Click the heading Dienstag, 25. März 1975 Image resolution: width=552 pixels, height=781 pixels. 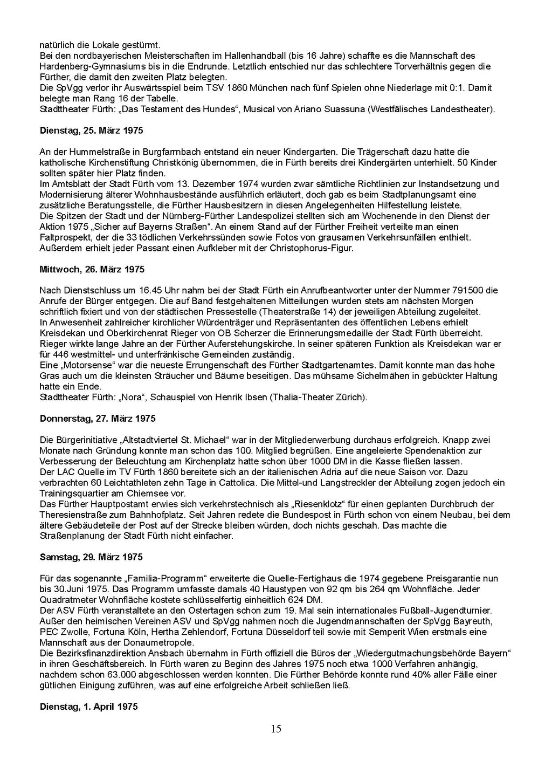[x=91, y=131]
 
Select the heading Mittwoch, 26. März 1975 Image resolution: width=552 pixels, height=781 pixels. [x=92, y=269]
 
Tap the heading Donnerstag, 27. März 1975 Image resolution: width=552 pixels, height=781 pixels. [x=98, y=418]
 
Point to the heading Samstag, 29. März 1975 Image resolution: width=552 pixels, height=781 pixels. [x=91, y=557]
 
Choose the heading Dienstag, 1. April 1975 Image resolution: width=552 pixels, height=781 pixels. [x=88, y=706]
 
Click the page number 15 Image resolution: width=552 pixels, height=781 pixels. [x=276, y=729]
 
